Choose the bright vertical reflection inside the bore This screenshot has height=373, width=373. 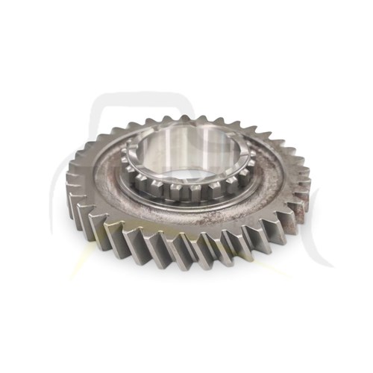coord(179,153)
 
